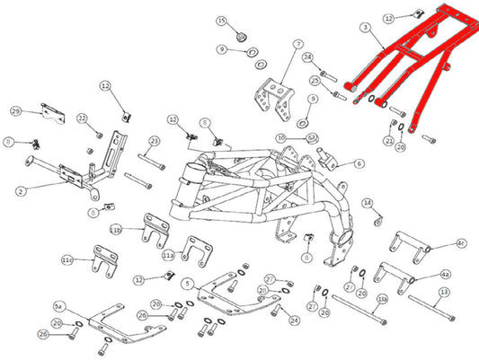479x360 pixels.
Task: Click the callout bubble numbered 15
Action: click(x=221, y=20)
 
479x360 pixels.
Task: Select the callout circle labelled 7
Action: click(x=298, y=43)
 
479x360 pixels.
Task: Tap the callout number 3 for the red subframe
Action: click(x=364, y=29)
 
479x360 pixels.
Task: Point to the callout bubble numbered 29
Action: click(x=15, y=110)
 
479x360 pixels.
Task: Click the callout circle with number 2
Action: click(x=22, y=190)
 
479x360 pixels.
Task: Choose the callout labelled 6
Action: click(x=359, y=164)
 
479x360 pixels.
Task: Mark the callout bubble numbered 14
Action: click(x=367, y=204)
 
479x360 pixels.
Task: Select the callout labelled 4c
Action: click(x=461, y=243)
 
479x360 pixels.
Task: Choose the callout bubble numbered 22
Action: click(x=82, y=119)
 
